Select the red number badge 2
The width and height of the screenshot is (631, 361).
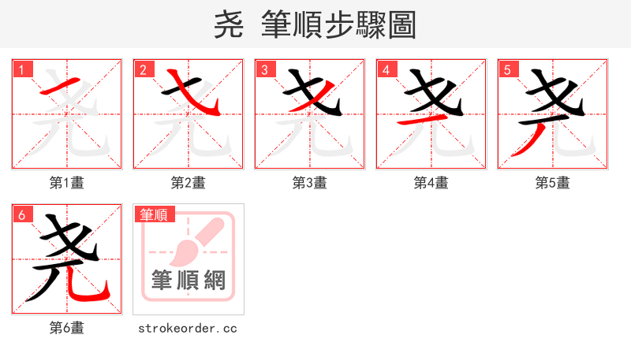(x=143, y=70)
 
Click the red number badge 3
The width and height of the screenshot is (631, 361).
(x=264, y=70)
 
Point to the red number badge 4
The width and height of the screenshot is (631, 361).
(x=386, y=70)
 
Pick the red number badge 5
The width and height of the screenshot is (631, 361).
(x=507, y=70)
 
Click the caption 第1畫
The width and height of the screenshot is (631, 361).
(x=67, y=183)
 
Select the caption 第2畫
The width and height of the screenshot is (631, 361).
(x=189, y=183)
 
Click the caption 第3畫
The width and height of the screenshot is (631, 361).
(x=310, y=183)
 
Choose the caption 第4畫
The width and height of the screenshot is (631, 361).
(x=431, y=183)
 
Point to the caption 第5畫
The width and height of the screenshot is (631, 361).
(x=553, y=183)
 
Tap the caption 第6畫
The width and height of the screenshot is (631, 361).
(x=67, y=328)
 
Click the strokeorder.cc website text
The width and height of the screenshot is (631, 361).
(x=189, y=328)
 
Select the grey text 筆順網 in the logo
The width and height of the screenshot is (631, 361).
(x=189, y=280)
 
